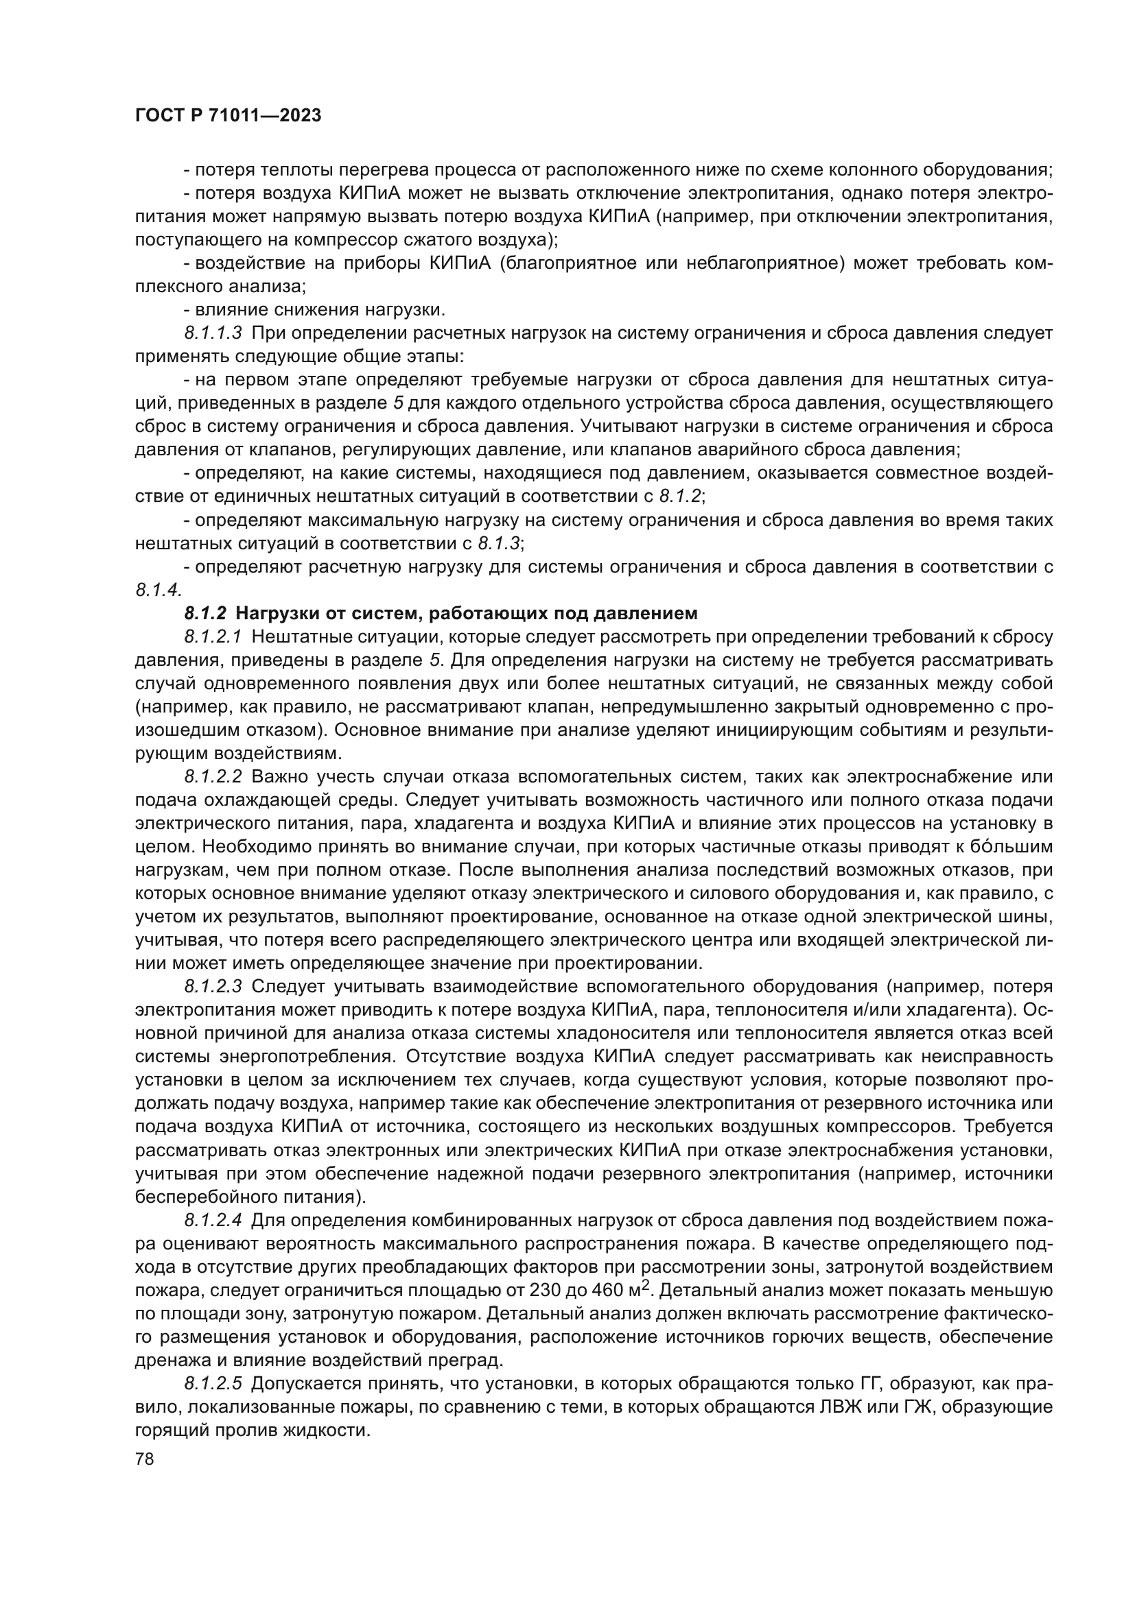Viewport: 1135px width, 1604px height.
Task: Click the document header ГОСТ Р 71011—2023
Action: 228,116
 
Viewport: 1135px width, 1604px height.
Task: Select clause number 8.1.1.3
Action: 213,333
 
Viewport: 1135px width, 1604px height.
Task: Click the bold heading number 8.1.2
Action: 205,613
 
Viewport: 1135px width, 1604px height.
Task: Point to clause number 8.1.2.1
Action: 213,636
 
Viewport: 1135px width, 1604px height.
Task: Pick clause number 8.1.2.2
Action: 213,777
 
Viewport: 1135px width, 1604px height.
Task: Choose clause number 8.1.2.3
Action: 213,986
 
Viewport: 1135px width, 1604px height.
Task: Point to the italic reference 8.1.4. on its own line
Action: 159,590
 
